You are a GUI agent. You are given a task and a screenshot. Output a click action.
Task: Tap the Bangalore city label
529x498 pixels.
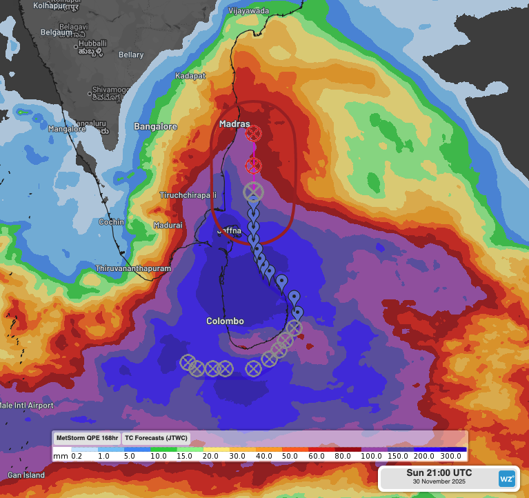point(155,127)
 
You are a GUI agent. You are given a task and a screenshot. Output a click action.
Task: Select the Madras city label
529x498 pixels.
point(234,124)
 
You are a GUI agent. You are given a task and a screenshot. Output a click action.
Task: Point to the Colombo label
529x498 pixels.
point(225,321)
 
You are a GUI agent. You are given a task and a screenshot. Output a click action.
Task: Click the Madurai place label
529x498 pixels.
point(168,226)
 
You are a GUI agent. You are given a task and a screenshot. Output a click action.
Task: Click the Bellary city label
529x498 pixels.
point(131,54)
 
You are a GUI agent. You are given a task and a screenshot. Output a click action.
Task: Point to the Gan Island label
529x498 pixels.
point(26,475)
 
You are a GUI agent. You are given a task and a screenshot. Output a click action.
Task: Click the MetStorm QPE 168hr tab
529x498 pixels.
point(86,438)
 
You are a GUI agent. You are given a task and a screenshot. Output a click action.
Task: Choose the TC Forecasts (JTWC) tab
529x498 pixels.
point(155,438)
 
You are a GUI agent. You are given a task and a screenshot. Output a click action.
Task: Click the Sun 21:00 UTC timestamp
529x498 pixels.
point(439,472)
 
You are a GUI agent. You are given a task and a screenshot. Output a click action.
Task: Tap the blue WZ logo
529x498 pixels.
point(507,478)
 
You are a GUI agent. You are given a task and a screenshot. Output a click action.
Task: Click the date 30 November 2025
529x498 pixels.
point(439,481)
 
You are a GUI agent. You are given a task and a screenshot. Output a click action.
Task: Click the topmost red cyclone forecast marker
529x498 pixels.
point(254,132)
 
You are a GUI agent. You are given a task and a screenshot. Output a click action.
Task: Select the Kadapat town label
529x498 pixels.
point(190,76)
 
